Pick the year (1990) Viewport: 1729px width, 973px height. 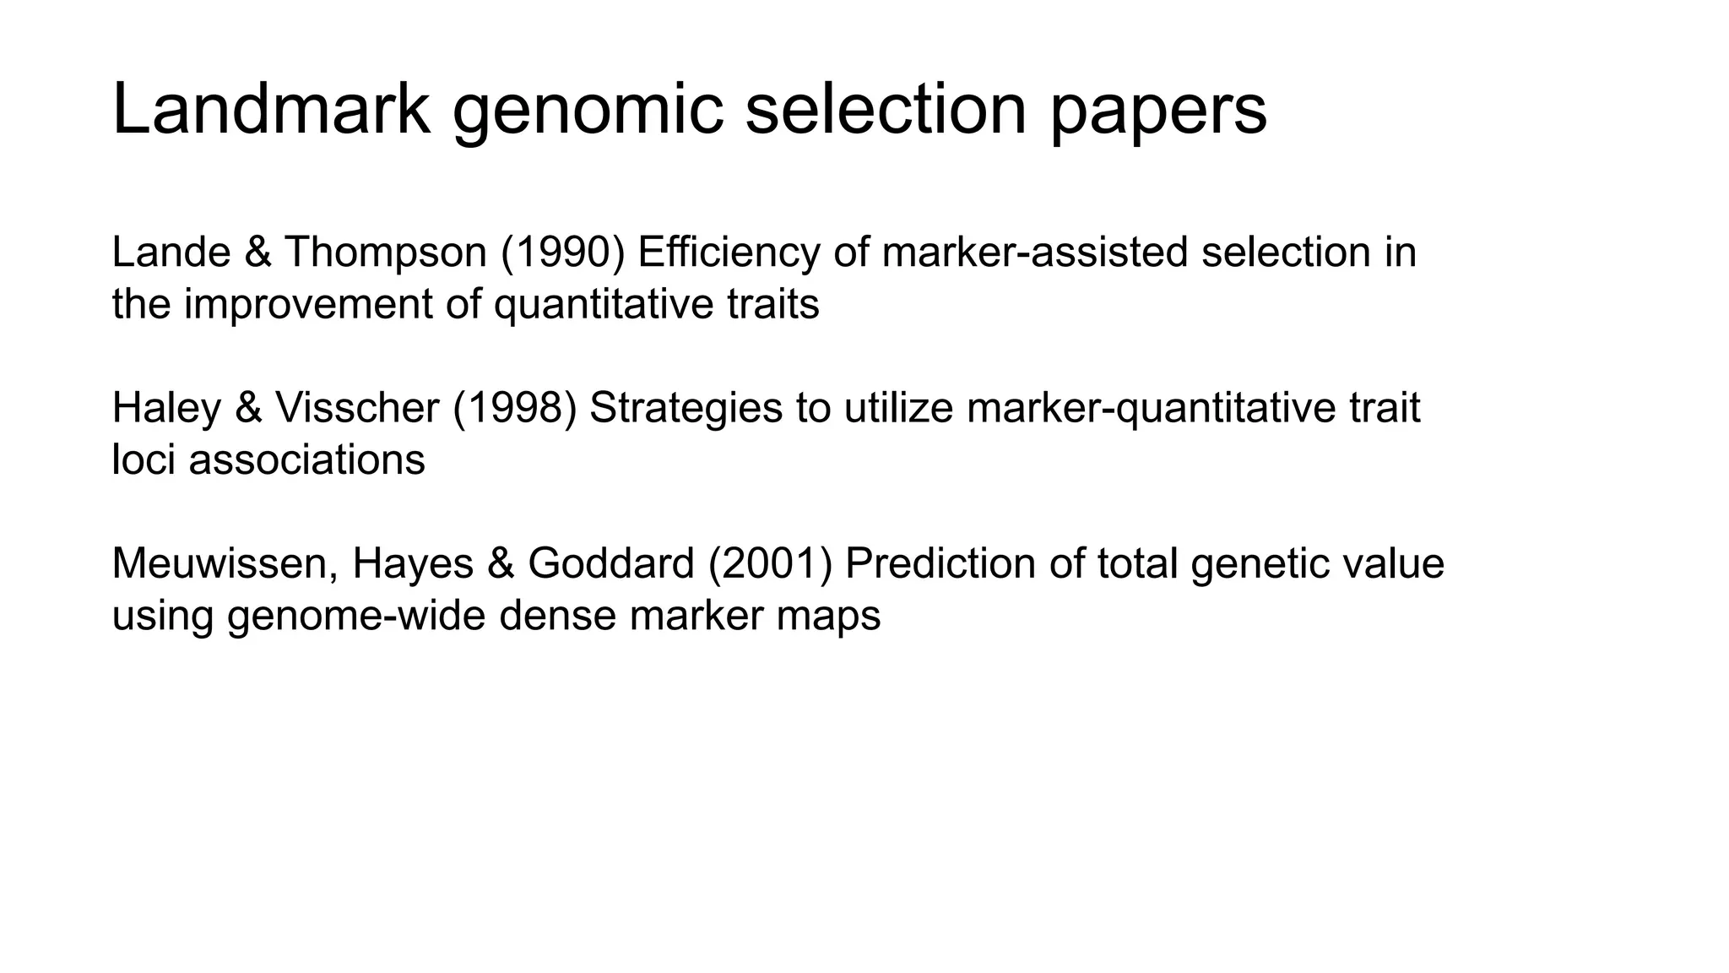click(562, 253)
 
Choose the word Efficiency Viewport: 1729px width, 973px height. click(729, 253)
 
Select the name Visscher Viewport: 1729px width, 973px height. click(357, 409)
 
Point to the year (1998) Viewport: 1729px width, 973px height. click(514, 409)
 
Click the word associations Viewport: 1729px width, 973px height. click(306, 460)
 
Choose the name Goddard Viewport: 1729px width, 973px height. click(611, 564)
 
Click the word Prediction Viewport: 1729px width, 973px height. click(940, 564)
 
